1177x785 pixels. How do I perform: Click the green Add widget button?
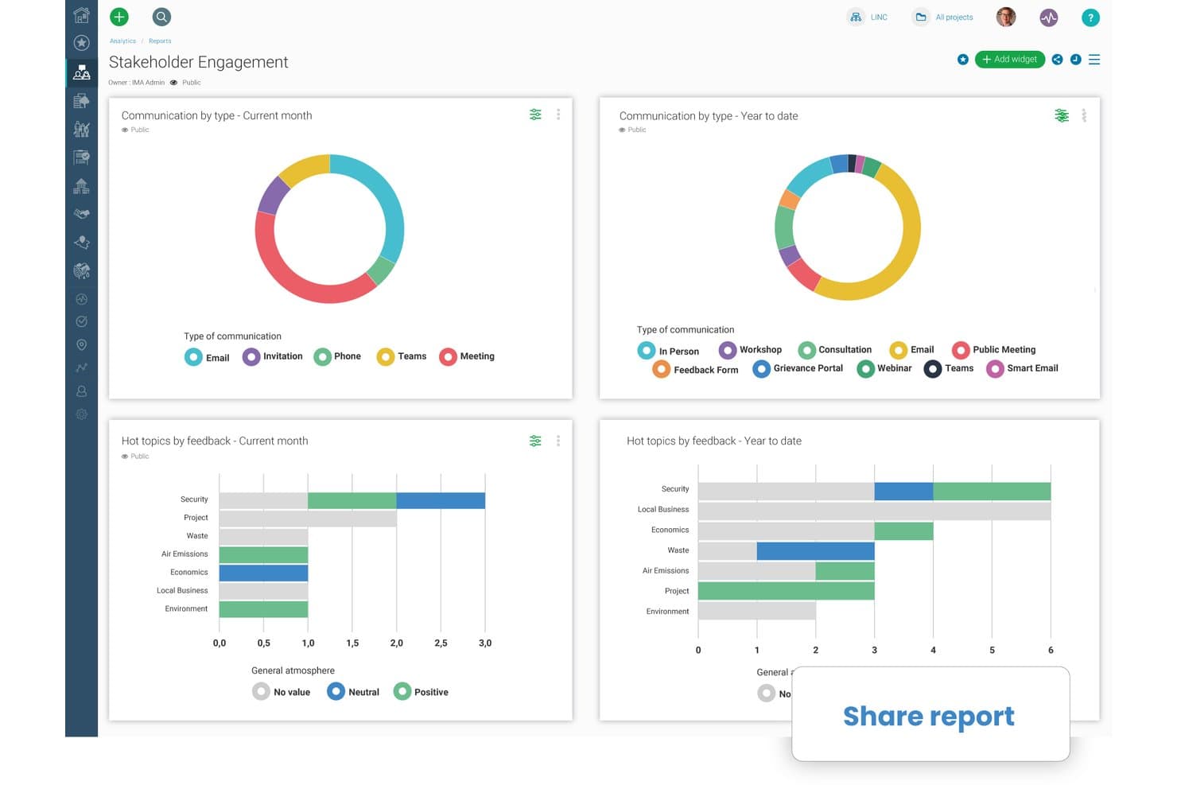click(x=1009, y=60)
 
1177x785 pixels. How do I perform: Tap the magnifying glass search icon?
click(x=161, y=17)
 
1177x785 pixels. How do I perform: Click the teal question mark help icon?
click(x=1090, y=17)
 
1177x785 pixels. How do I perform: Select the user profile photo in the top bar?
click(x=1006, y=17)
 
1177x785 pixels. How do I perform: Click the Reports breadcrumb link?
click(x=160, y=41)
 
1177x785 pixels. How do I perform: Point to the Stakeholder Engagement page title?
click(x=198, y=62)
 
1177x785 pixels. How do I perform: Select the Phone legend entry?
click(x=337, y=357)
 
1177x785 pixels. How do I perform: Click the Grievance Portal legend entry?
click(x=798, y=369)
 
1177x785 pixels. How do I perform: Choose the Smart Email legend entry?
click(x=1022, y=369)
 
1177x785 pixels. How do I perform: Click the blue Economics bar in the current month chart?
click(x=263, y=573)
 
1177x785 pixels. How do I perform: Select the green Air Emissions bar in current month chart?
click(x=263, y=554)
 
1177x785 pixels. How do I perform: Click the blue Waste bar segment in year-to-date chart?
click(x=815, y=551)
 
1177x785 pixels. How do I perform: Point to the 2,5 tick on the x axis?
click(x=441, y=643)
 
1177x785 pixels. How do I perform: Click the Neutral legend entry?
click(x=353, y=692)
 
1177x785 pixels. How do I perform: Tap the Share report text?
click(x=928, y=716)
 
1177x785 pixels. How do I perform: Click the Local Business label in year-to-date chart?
click(x=663, y=510)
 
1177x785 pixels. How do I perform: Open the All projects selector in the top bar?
click(x=944, y=17)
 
